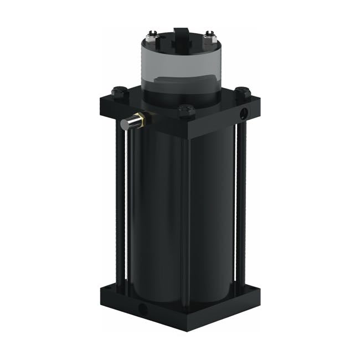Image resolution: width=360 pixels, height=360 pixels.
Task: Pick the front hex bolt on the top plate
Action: pyautogui.click(x=186, y=110)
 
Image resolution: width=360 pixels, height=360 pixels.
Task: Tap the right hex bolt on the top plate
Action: pyautogui.click(x=241, y=91)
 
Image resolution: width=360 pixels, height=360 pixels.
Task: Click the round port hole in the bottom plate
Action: pyautogui.click(x=143, y=307)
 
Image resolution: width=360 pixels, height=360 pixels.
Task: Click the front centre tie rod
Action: pyautogui.click(x=185, y=222)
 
